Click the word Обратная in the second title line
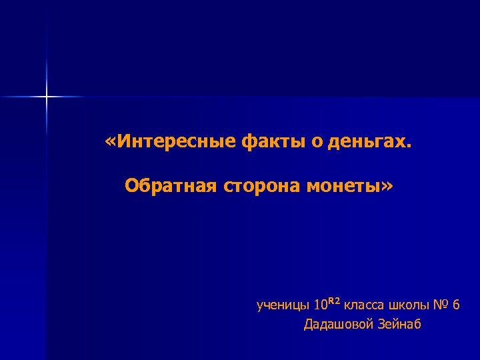pos(171,185)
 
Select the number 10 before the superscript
pos(320,305)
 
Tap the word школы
pos(409,306)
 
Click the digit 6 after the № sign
pos(456,305)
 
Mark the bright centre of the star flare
pos(47,97)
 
